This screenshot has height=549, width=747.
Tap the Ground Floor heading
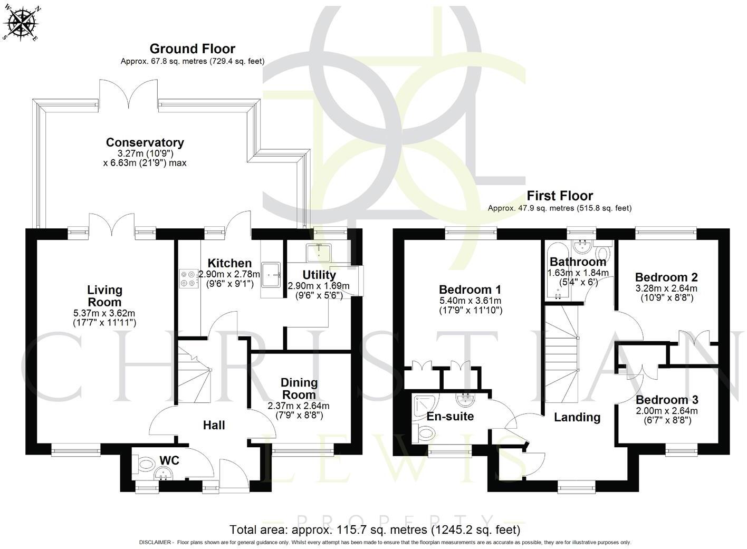[192, 49]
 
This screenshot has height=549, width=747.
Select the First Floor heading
[559, 196]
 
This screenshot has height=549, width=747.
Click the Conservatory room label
[145, 142]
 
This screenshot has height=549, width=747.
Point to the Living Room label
[104, 296]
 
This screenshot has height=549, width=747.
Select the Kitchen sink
[273, 274]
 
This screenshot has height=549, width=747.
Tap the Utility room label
[319, 275]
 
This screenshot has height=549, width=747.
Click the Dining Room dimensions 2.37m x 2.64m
[298, 406]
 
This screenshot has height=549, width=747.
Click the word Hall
[214, 425]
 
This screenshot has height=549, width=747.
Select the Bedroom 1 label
[470, 290]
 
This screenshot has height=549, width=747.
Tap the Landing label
[577, 417]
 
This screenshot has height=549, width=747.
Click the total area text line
[375, 529]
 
